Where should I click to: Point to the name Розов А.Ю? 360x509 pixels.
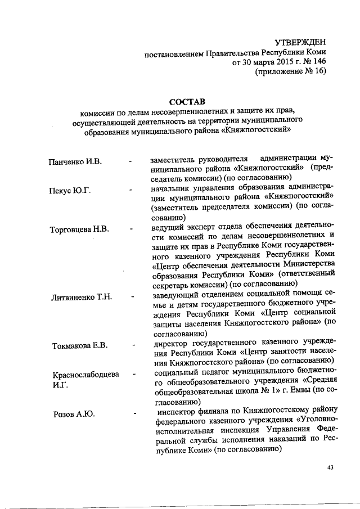(73, 415)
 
